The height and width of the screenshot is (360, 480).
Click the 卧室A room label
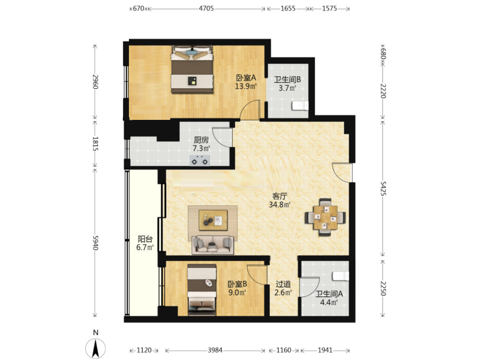[246, 78]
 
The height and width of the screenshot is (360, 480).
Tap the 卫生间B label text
[287, 80]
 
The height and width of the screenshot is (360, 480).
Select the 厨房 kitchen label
[201, 140]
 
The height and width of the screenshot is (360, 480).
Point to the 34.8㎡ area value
[279, 205]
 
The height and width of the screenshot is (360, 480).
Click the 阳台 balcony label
[145, 239]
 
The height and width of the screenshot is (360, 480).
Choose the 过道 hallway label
[283, 284]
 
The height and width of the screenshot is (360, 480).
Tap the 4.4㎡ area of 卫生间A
[329, 302]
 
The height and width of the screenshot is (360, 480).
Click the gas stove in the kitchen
[199, 160]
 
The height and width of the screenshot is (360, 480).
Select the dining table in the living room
[325, 217]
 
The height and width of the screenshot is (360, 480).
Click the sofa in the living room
[213, 245]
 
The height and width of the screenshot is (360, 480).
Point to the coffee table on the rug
[213, 220]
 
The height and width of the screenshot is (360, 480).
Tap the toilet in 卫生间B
[300, 105]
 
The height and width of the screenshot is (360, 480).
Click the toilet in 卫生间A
[340, 276]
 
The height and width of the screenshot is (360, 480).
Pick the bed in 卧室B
[202, 289]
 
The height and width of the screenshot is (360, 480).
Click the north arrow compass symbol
[95, 348]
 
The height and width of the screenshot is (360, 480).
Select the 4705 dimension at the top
[206, 8]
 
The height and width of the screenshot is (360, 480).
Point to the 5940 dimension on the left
[95, 242]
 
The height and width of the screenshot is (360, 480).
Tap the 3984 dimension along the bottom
[215, 350]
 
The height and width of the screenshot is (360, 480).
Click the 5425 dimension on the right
[383, 188]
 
